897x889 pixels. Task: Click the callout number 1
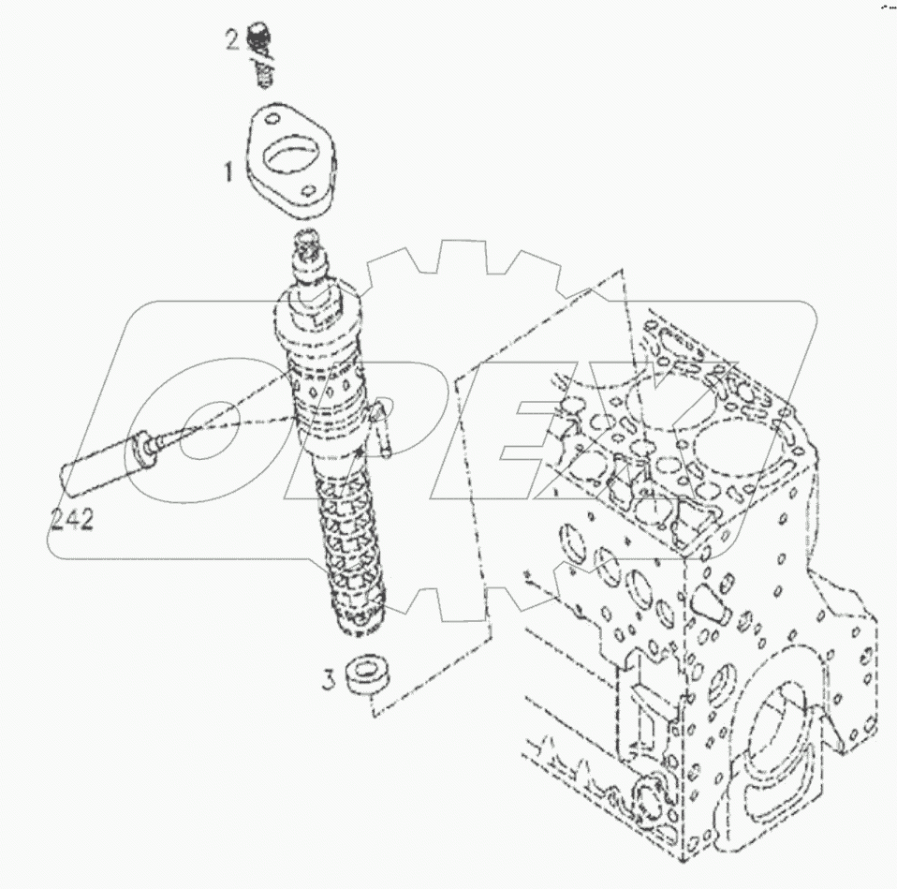coord(227,171)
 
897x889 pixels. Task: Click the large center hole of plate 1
coord(288,157)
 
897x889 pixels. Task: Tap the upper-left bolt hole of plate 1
coord(267,122)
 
